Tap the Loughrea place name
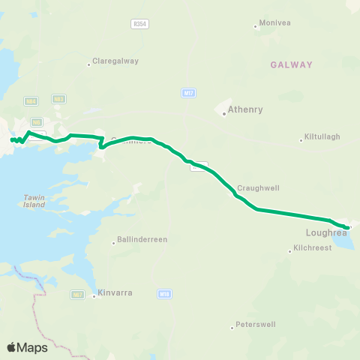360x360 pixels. click(327, 233)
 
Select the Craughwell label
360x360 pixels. click(253, 188)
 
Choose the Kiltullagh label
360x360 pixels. click(322, 136)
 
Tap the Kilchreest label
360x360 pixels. click(312, 247)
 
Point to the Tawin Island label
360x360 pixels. click(34, 201)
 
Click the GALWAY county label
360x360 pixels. click(292, 64)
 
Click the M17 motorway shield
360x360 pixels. click(188, 92)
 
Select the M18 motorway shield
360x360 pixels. click(165, 295)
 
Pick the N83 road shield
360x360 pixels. click(58, 99)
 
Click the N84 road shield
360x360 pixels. click(31, 100)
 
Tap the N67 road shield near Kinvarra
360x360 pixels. click(78, 295)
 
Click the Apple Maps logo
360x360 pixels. click(27, 347)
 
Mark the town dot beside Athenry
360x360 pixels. click(224, 114)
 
